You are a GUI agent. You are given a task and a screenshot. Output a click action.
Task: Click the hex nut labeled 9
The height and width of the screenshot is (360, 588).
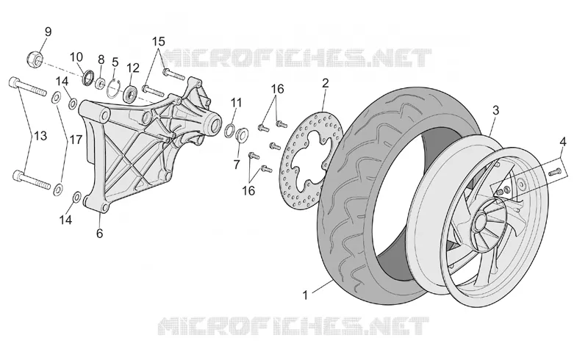tap(35, 58)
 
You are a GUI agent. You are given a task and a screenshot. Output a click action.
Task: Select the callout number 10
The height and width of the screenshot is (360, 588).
tap(76, 57)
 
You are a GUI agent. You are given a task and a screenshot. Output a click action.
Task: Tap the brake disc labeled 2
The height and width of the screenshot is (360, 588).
tap(312, 159)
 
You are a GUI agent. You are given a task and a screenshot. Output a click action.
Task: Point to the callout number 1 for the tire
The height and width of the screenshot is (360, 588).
tap(305, 295)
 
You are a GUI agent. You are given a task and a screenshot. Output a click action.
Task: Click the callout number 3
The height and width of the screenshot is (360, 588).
tap(495, 110)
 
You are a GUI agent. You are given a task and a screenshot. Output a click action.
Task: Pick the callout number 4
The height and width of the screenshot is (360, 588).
tap(563, 142)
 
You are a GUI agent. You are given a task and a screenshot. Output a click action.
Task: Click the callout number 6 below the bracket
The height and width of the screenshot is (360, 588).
tap(99, 233)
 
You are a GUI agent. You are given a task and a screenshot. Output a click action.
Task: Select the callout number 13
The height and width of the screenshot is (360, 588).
tap(40, 135)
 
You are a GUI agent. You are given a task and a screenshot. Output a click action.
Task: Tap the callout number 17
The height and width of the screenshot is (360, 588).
tap(76, 140)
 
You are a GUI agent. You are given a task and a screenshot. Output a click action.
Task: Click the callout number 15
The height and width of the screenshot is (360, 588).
tap(158, 41)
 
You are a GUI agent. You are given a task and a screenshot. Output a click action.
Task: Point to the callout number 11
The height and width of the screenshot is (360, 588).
tap(236, 102)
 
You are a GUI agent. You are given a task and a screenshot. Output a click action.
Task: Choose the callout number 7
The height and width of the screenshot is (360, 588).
tap(236, 165)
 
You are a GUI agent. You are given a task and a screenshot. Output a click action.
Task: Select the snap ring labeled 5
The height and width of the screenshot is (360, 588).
tap(113, 89)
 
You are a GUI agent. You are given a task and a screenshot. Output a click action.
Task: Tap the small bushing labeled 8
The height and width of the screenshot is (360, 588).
tap(100, 83)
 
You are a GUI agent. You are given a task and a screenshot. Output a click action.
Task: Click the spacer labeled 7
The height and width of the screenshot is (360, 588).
tap(242, 134)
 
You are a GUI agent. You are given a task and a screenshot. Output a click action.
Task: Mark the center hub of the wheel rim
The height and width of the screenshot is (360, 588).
tap(481, 223)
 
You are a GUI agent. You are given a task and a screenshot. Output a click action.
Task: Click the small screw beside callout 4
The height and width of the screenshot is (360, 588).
tap(555, 173)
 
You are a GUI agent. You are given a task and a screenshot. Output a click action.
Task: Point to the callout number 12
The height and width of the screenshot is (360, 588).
tap(133, 68)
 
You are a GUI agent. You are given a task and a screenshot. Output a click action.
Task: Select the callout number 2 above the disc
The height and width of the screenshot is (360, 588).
tap(325, 83)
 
